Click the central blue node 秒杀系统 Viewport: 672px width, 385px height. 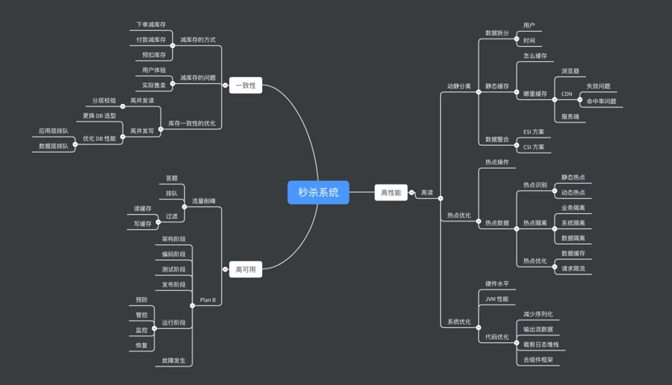pyautogui.click(x=318, y=192)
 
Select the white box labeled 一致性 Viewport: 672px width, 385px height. pyautogui.click(x=245, y=86)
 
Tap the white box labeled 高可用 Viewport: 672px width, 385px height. pyautogui.click(x=245, y=269)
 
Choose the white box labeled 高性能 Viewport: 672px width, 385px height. pyautogui.click(x=391, y=193)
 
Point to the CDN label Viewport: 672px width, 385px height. pyautogui.click(x=567, y=94)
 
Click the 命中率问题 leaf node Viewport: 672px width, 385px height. pyautogui.click(x=601, y=101)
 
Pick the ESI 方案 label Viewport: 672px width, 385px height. pyautogui.click(x=533, y=132)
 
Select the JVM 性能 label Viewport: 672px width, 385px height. pyautogui.click(x=496, y=299)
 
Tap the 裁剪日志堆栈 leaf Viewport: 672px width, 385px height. pyautogui.click(x=541, y=345)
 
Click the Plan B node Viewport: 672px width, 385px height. pyautogui.click(x=207, y=299)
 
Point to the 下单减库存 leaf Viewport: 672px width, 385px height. pyautogui.click(x=151, y=24)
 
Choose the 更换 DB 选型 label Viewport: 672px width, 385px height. pyautogui.click(x=99, y=116)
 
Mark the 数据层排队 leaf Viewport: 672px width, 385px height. pyautogui.click(x=54, y=146)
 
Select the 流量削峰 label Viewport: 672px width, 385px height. pyautogui.click(x=203, y=201)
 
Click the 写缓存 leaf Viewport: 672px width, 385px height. pyautogui.click(x=143, y=224)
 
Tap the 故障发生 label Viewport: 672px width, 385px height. pyautogui.click(x=174, y=361)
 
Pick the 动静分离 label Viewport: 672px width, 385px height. pyautogui.click(x=459, y=86)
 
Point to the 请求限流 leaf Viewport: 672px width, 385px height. pyautogui.click(x=573, y=268)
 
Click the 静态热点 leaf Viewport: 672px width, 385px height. pyautogui.click(x=573, y=178)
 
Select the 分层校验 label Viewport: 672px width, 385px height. pyautogui.click(x=104, y=101)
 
